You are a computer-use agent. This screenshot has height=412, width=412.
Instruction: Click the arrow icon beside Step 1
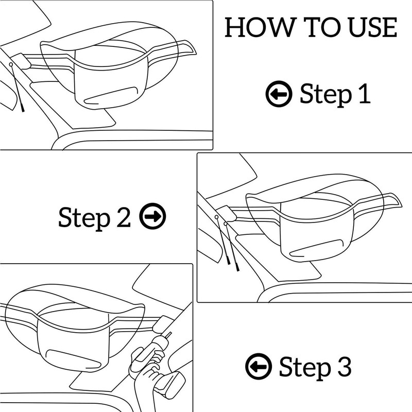point(279,94)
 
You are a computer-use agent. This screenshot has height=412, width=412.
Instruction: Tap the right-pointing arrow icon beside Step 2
point(153,217)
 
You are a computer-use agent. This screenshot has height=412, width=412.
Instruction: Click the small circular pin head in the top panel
point(10,64)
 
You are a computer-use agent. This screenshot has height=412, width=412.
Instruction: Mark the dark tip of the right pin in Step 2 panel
point(237,268)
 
